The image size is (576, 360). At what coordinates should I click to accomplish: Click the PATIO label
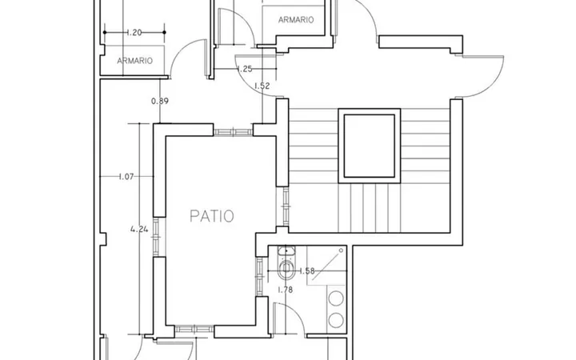(x=211, y=216)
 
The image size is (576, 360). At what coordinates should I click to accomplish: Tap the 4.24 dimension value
(x=139, y=230)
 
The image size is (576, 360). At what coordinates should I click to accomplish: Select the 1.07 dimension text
(x=126, y=177)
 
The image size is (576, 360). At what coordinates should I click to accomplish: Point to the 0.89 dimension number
(x=160, y=101)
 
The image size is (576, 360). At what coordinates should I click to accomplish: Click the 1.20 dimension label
(x=134, y=33)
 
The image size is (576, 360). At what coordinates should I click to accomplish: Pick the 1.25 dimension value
(x=245, y=69)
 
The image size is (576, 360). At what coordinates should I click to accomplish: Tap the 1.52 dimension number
(x=262, y=86)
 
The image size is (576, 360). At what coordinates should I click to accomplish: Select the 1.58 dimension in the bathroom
(x=307, y=271)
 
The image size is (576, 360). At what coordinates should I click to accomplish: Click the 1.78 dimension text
(x=285, y=290)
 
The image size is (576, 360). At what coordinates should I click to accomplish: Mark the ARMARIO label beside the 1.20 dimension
(x=135, y=61)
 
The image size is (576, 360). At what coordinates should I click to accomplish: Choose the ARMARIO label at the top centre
(x=296, y=20)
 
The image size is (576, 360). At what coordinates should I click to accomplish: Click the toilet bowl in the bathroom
(x=286, y=270)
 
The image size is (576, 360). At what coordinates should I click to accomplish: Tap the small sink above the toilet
(x=286, y=251)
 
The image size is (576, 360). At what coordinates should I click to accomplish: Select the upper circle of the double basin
(x=336, y=298)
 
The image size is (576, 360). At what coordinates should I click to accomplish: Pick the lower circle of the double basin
(x=336, y=320)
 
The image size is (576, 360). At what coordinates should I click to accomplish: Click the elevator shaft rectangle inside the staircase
(x=369, y=146)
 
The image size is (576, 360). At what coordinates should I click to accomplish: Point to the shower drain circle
(x=341, y=250)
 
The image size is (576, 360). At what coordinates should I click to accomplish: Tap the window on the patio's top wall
(x=234, y=132)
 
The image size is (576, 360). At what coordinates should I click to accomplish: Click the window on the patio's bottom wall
(x=194, y=329)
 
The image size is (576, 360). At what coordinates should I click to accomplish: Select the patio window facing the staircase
(x=285, y=206)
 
